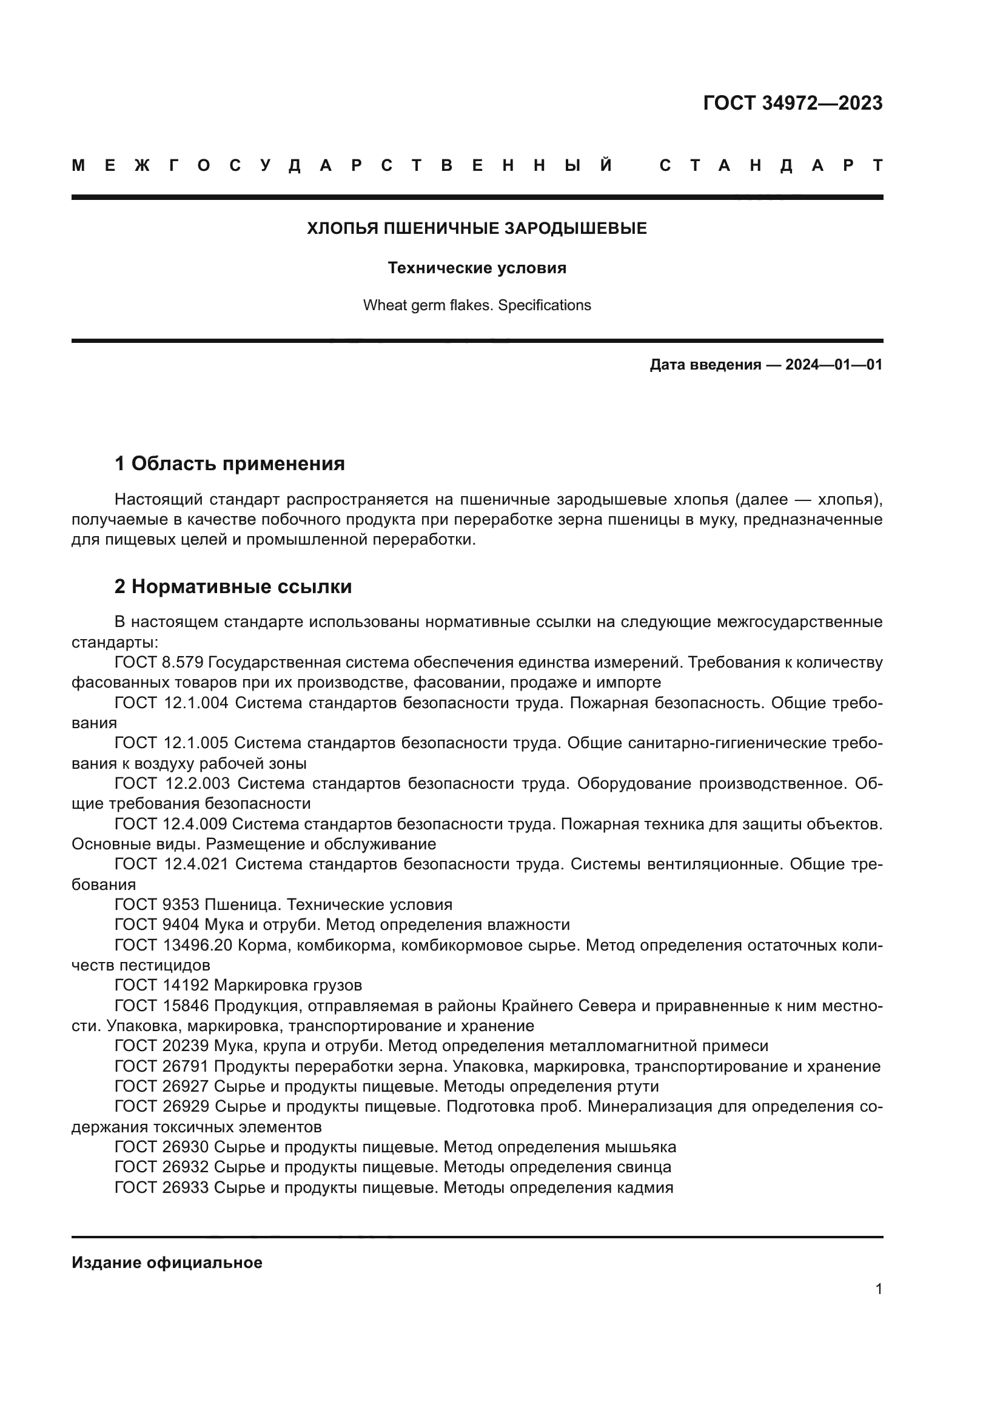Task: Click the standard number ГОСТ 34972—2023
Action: click(793, 103)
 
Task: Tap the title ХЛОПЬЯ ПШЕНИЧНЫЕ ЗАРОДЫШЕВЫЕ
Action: click(477, 229)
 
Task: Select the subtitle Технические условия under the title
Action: click(477, 268)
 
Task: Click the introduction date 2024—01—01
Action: click(833, 365)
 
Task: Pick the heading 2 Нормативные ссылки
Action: click(233, 586)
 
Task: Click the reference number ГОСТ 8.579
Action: click(159, 663)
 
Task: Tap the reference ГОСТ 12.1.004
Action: click(171, 703)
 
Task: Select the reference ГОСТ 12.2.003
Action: click(172, 784)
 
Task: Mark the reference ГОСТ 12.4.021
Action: click(171, 864)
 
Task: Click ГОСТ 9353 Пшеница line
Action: click(283, 904)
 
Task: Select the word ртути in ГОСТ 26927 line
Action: click(638, 1087)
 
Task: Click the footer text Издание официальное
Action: click(167, 1263)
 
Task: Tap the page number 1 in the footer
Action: click(878, 1289)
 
